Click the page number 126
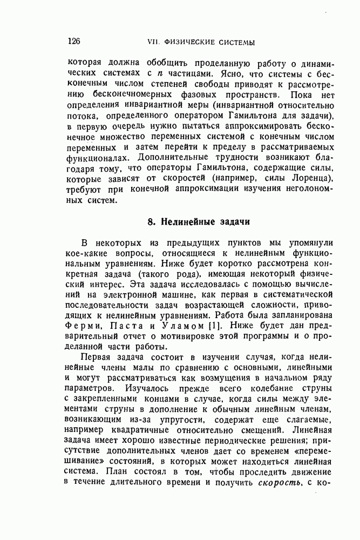[74, 42]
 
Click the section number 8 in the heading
[151, 222]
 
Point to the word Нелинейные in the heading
[182, 222]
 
